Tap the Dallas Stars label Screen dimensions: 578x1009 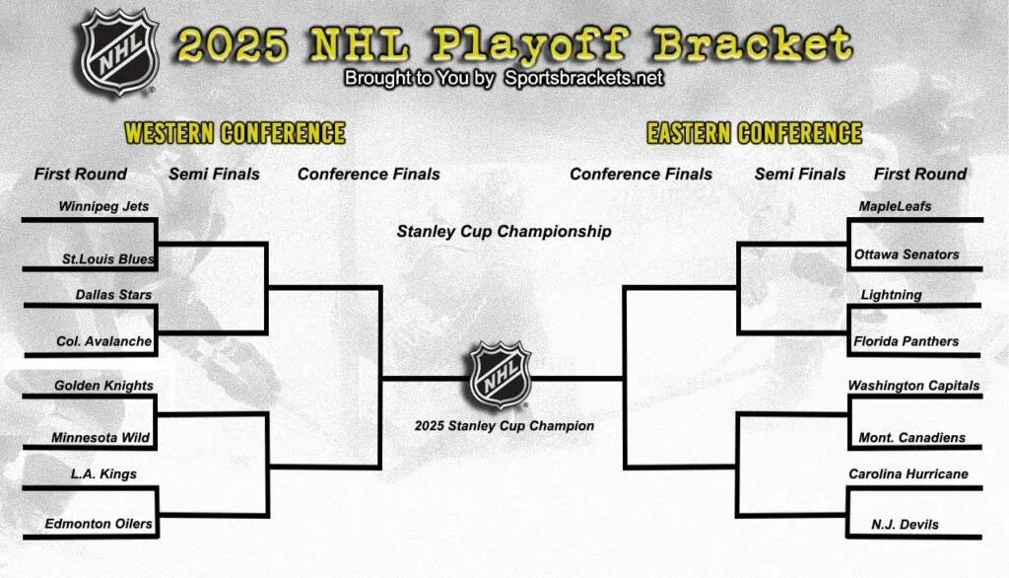pos(113,294)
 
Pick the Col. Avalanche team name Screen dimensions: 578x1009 pos(103,341)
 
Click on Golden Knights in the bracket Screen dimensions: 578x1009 pos(103,386)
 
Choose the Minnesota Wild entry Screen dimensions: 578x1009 pos(101,437)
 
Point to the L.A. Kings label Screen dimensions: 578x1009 pos(103,473)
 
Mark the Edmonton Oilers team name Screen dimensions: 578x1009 pos(99,524)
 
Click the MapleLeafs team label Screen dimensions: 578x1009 pos(895,206)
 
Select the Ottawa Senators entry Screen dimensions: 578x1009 pos(907,253)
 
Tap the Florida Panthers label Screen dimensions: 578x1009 pos(907,341)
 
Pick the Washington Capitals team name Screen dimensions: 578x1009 pos(913,386)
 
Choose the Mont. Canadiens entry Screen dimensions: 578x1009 pos(911,437)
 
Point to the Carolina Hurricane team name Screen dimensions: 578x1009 pos(908,473)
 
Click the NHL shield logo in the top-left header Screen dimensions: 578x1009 pos(119,52)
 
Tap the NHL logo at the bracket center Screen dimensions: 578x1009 pos(500,376)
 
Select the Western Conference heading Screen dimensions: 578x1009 pos(235,133)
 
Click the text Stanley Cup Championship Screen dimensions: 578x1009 pos(504,232)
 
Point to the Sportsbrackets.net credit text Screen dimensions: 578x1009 pos(584,78)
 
